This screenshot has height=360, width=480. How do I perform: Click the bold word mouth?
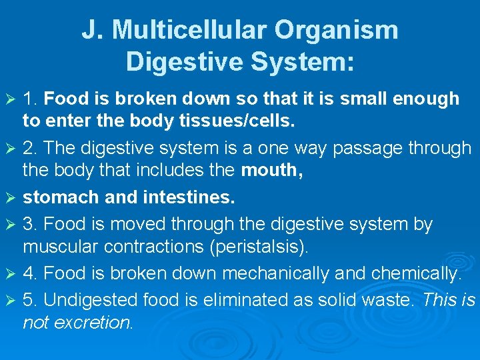(x=272, y=170)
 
